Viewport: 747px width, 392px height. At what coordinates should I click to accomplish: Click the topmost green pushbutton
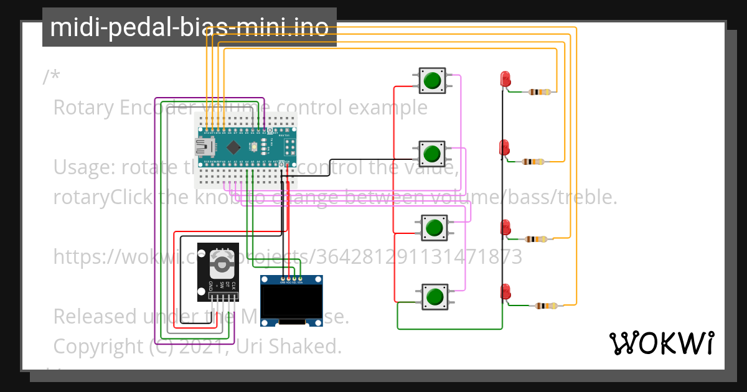coord(431,80)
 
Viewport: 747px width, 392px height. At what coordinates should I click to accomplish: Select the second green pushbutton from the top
coord(431,152)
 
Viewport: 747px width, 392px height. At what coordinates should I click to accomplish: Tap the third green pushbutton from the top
coord(434,227)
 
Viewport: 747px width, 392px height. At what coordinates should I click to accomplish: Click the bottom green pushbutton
coord(435,296)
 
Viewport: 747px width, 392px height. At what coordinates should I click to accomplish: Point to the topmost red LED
coord(505,79)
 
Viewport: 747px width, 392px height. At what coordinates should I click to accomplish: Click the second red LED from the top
coord(505,147)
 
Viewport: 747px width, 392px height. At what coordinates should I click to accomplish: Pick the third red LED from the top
coord(505,226)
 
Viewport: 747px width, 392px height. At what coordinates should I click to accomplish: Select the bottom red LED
coord(505,291)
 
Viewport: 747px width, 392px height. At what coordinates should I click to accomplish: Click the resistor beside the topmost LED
coord(539,92)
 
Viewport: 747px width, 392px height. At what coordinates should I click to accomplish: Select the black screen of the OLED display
coord(291,301)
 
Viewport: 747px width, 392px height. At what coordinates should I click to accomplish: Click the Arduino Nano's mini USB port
coord(204,147)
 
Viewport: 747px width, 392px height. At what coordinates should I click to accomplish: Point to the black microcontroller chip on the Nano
coord(233,147)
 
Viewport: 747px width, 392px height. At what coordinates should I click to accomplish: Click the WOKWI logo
coord(661,343)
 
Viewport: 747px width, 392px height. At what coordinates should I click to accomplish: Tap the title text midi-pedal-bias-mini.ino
coord(189,27)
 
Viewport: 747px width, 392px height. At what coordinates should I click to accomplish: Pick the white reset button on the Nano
coord(254,147)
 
